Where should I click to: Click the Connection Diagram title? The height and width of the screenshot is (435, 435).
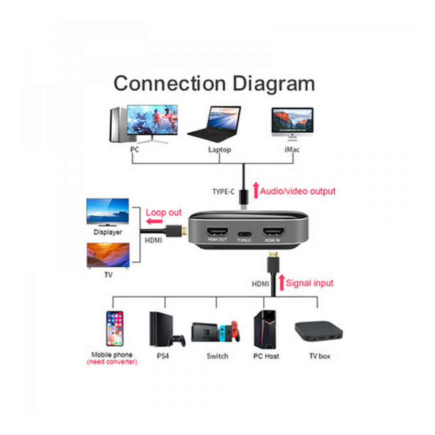[x=214, y=84]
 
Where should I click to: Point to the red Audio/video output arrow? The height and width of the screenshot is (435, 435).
[x=255, y=191]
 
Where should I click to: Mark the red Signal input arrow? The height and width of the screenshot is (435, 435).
[x=282, y=283]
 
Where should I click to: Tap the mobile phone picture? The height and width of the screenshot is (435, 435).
[x=114, y=329]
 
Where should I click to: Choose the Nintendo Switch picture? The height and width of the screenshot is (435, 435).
[x=216, y=334]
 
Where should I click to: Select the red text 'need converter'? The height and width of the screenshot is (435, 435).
[x=112, y=362]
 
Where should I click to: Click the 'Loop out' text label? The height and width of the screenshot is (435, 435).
[x=164, y=212]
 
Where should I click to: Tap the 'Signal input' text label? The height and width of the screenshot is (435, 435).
[x=310, y=283]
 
